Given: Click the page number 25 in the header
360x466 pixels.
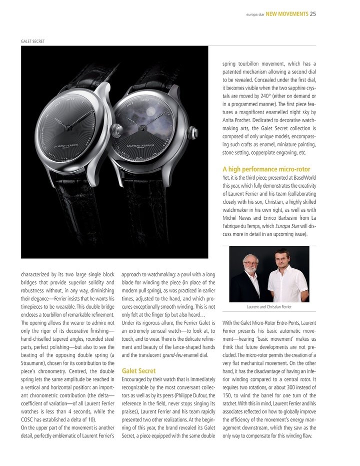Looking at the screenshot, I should (x=312, y=14).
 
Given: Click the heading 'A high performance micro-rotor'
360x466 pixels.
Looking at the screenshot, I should (x=269, y=169).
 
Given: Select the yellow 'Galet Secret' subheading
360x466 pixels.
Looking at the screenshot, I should (x=138, y=371).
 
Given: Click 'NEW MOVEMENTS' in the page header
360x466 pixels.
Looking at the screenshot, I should (x=286, y=14).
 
